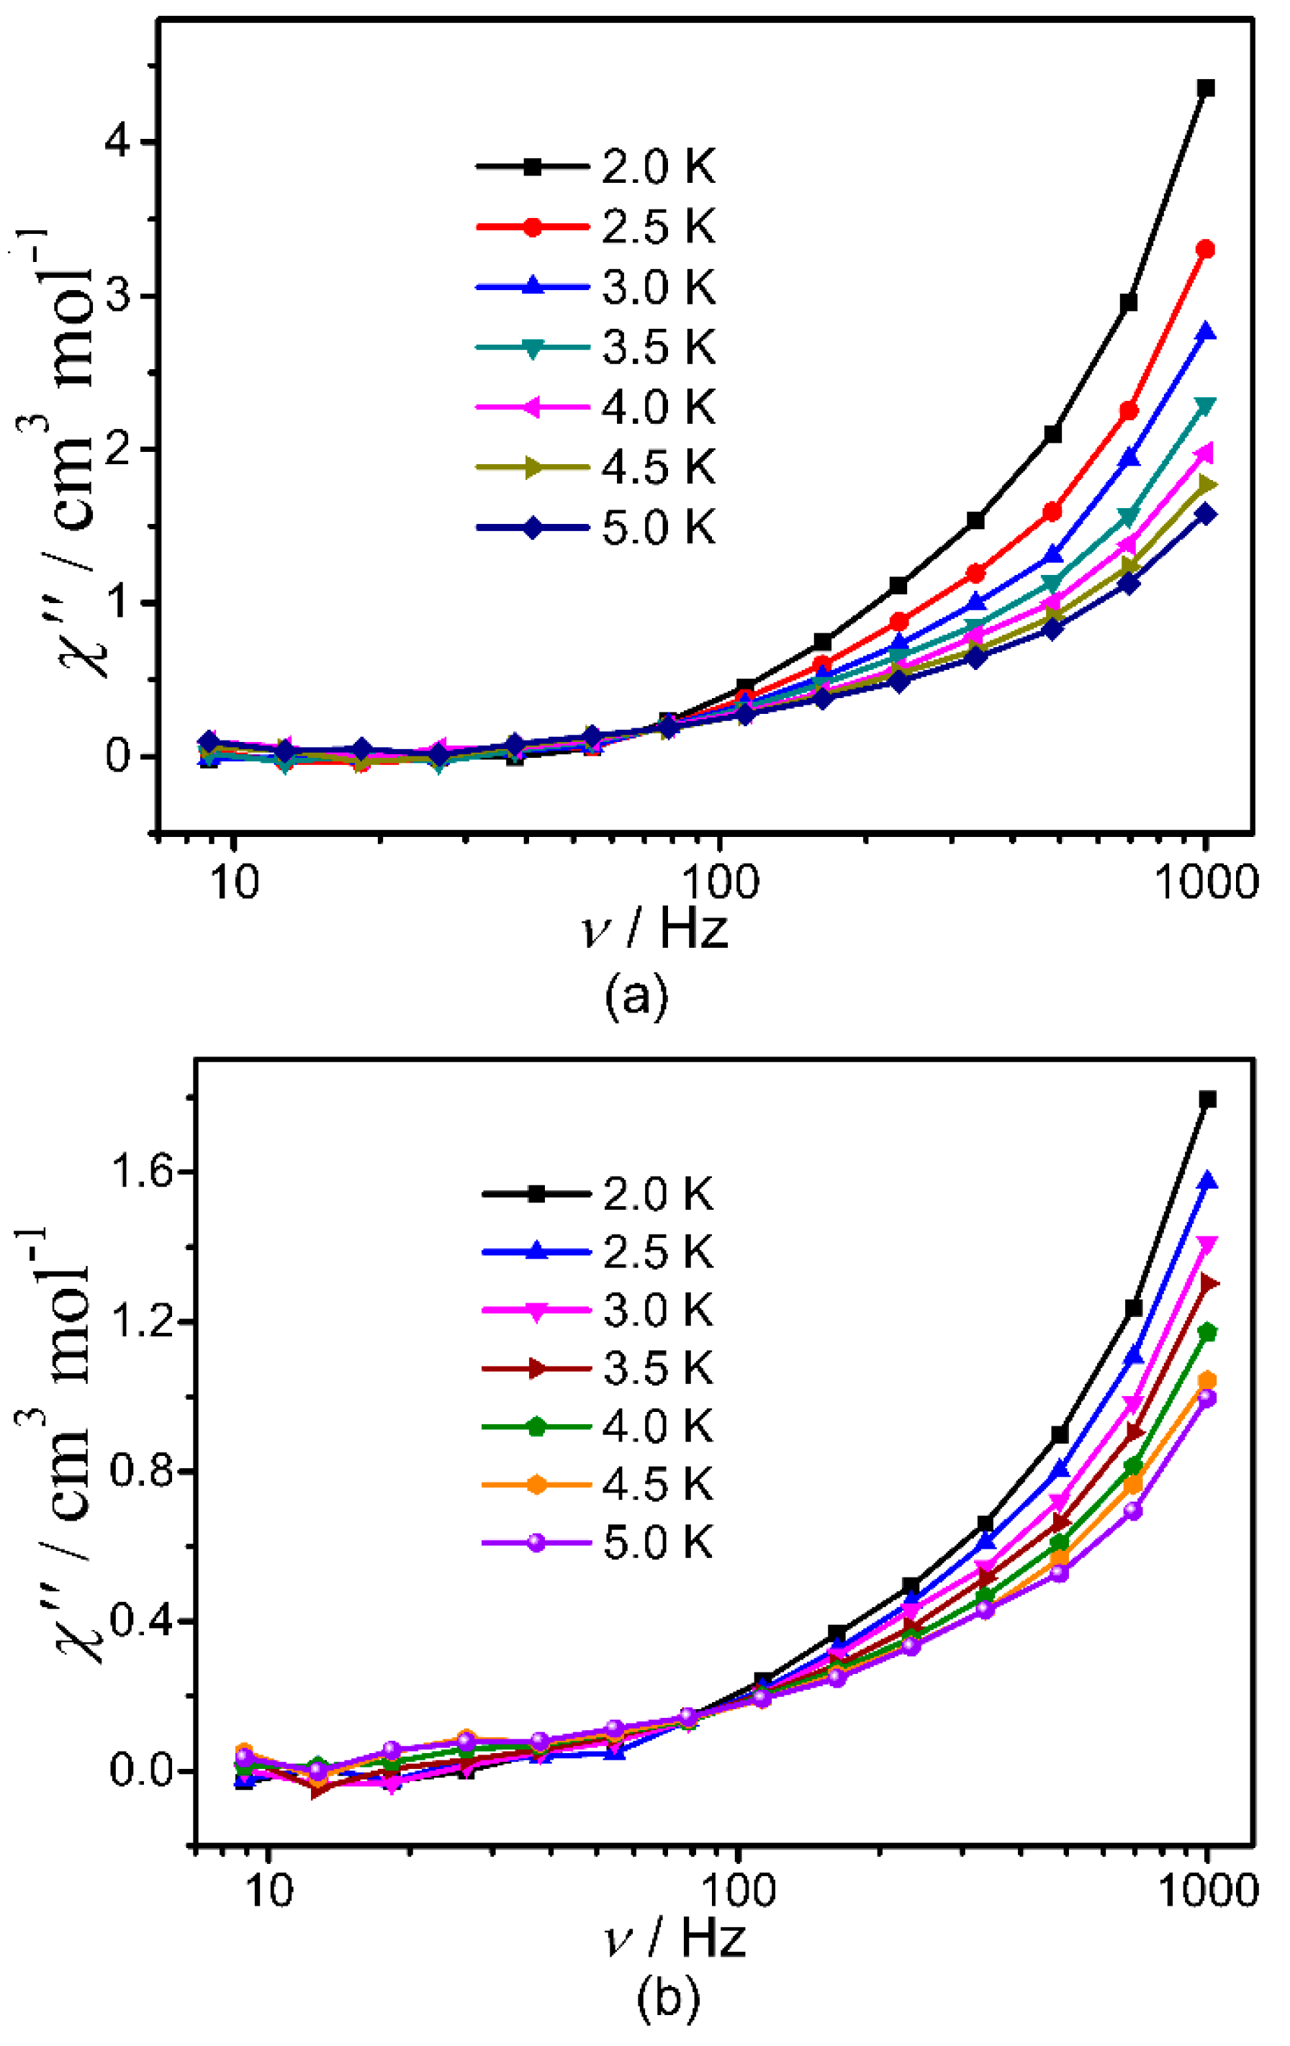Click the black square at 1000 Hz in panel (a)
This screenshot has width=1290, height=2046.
(1205, 89)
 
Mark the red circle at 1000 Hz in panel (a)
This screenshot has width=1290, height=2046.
(1205, 249)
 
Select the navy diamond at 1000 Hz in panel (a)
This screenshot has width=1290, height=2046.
(1205, 514)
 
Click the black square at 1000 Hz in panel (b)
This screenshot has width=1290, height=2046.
(1206, 1100)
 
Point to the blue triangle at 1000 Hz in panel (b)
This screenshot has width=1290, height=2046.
(1206, 1182)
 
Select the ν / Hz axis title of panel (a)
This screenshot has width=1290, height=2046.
(654, 928)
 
